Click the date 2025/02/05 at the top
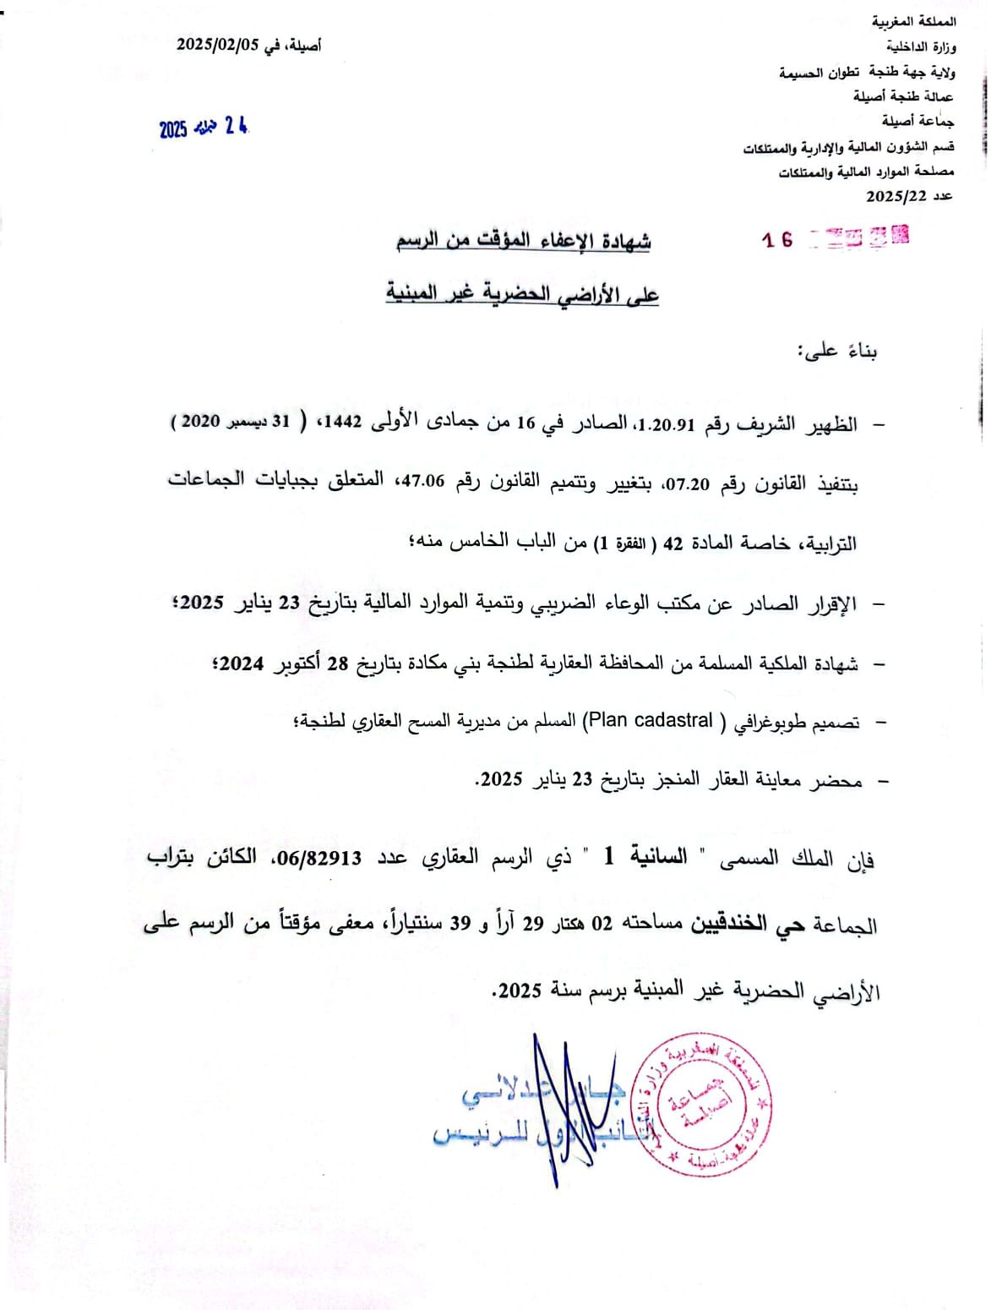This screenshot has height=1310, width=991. tap(216, 46)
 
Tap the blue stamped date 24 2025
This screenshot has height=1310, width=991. tap(204, 128)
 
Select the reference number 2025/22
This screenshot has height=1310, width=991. tap(896, 196)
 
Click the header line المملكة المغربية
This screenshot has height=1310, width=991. tap(914, 21)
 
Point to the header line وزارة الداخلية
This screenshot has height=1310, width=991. tap(922, 46)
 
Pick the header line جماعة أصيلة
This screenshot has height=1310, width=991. tap(918, 121)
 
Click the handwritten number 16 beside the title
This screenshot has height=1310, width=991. tap(777, 240)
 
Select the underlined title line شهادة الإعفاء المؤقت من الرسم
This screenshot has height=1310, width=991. tap(524, 241)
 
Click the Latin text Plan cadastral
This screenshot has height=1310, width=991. tap(651, 720)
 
